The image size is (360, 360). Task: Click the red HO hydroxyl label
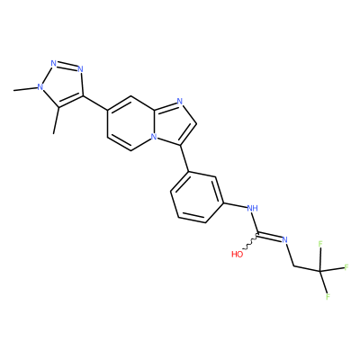(237, 255)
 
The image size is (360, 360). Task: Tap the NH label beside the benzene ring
(252, 208)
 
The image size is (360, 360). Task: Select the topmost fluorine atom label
(320, 244)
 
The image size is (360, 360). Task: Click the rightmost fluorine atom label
(346, 267)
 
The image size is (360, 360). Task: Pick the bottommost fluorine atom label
(328, 297)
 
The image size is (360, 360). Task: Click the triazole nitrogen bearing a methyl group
(40, 87)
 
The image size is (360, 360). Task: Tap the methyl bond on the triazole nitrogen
(25, 88)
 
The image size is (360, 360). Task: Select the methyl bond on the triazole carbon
(56, 121)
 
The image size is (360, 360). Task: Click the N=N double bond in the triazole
(67, 66)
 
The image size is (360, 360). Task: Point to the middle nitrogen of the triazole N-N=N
(54, 63)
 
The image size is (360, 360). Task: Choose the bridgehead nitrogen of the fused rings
(154, 137)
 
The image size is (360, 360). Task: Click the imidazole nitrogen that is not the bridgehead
(180, 102)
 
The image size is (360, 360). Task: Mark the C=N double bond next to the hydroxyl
(270, 236)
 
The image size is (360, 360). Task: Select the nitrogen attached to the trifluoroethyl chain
(285, 239)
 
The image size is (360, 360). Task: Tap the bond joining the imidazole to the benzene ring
(184, 158)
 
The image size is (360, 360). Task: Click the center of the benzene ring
(197, 197)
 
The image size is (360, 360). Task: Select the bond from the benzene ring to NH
(235, 205)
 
